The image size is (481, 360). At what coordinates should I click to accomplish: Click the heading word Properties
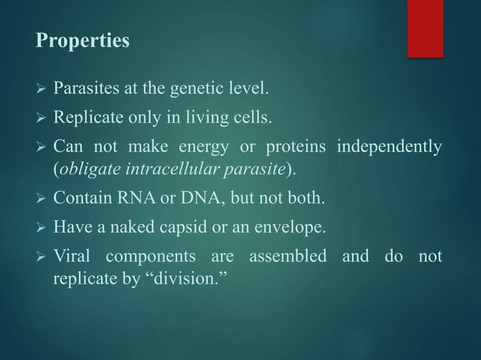pos(83,41)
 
